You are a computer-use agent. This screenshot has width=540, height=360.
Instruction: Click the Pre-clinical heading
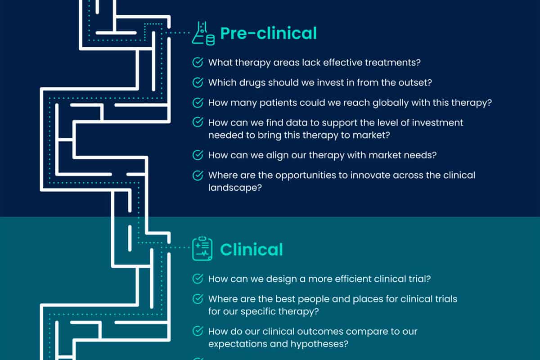268,33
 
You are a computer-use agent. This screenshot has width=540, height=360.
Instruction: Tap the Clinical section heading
251,250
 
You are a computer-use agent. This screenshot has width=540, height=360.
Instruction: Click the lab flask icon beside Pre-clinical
202,34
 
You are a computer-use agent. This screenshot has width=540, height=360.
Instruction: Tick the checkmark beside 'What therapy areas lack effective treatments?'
198,62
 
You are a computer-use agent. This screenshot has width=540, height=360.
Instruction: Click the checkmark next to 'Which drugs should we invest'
198,83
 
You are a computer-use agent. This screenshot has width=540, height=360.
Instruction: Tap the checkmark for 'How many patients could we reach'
198,103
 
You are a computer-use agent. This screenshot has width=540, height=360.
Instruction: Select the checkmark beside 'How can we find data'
198,122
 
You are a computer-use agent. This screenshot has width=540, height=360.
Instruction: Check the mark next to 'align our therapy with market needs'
198,155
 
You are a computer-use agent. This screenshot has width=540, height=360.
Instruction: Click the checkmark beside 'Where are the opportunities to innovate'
198,175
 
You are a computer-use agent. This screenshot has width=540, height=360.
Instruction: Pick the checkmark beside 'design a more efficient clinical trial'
198,279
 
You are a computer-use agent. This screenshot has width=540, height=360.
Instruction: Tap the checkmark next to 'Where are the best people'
198,299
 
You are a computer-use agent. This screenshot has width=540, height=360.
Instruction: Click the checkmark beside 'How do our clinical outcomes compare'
198,332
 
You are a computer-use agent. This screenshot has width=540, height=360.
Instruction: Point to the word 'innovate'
357,175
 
